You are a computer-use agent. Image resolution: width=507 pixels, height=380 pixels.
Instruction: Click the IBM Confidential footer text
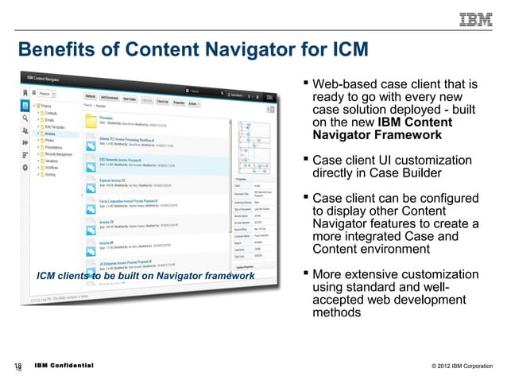pyautogui.click(x=64, y=366)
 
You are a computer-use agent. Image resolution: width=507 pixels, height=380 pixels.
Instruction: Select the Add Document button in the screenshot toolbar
pyautogui.click(x=109, y=97)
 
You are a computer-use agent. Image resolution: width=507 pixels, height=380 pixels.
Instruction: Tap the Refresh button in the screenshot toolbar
pyautogui.click(x=90, y=97)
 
